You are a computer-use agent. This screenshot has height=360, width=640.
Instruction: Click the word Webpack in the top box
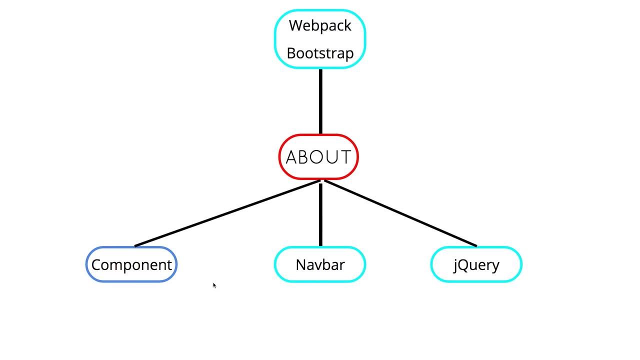pyautogui.click(x=320, y=25)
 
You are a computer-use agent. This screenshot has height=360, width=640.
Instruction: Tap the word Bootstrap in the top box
pyautogui.click(x=320, y=53)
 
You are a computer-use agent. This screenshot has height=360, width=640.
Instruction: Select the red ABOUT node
pyautogui.click(x=318, y=157)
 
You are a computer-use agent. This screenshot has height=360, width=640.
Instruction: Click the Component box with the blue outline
pyautogui.click(x=131, y=264)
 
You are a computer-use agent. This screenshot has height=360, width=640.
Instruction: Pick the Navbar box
pyautogui.click(x=320, y=264)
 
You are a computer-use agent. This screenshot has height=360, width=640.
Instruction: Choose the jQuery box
pyautogui.click(x=476, y=264)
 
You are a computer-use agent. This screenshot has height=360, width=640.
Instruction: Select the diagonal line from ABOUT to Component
pyautogui.click(x=227, y=213)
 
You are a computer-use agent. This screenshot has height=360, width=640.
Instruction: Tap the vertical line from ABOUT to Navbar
pyautogui.click(x=320, y=215)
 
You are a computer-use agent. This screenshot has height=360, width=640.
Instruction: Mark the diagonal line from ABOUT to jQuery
pyautogui.click(x=400, y=213)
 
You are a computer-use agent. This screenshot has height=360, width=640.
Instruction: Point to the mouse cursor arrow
pyautogui.click(x=214, y=285)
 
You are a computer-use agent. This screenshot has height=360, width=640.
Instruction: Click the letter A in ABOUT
pyautogui.click(x=291, y=157)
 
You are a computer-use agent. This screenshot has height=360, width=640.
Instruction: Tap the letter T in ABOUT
pyautogui.click(x=345, y=157)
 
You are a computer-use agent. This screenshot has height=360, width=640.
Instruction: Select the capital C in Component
pyautogui.click(x=96, y=265)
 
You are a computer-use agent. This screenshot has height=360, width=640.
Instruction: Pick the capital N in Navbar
pyautogui.click(x=301, y=265)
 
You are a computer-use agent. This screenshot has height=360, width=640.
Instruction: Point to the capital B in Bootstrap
pyautogui.click(x=291, y=53)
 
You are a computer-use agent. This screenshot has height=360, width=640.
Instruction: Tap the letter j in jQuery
pyautogui.click(x=455, y=265)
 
